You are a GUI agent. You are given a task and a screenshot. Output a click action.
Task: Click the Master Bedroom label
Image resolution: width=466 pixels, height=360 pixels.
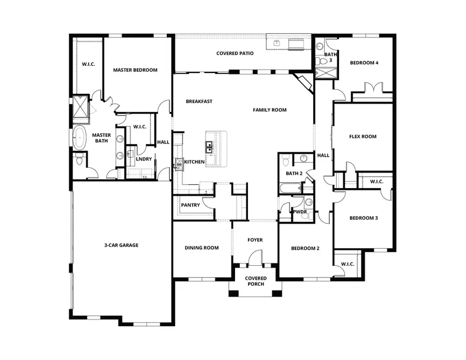135,70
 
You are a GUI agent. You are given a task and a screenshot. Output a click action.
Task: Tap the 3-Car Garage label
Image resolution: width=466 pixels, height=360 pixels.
121,245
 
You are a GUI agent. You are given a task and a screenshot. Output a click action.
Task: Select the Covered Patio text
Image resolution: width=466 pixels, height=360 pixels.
235,53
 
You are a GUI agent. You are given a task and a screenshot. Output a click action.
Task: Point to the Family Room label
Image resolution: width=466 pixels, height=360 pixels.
269,110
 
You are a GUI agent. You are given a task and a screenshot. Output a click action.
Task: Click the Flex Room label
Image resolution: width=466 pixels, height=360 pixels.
362,137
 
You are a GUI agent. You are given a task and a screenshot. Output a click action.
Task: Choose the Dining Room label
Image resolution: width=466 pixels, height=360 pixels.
201,248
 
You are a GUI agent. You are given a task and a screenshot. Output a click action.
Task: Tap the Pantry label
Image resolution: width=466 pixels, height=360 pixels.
190,205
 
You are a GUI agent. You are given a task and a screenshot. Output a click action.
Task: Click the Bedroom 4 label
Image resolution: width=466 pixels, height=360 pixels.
364,63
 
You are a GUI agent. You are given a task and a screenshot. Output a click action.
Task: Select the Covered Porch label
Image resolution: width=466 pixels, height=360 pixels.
256,281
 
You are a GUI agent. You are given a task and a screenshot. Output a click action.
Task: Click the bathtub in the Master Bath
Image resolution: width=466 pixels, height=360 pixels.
80,138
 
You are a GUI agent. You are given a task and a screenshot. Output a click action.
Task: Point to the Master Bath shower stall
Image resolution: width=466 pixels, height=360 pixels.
80,107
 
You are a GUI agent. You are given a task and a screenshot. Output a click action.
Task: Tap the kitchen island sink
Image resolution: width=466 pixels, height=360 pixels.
210,147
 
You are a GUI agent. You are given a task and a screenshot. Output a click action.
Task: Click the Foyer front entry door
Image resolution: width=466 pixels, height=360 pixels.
256,258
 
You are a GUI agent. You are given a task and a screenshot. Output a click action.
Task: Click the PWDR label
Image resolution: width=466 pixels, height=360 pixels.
300,212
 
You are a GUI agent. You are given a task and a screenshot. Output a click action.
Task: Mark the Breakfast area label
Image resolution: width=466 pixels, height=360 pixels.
199,102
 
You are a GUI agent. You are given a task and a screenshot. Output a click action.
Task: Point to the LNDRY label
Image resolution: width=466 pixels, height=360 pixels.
143,159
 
